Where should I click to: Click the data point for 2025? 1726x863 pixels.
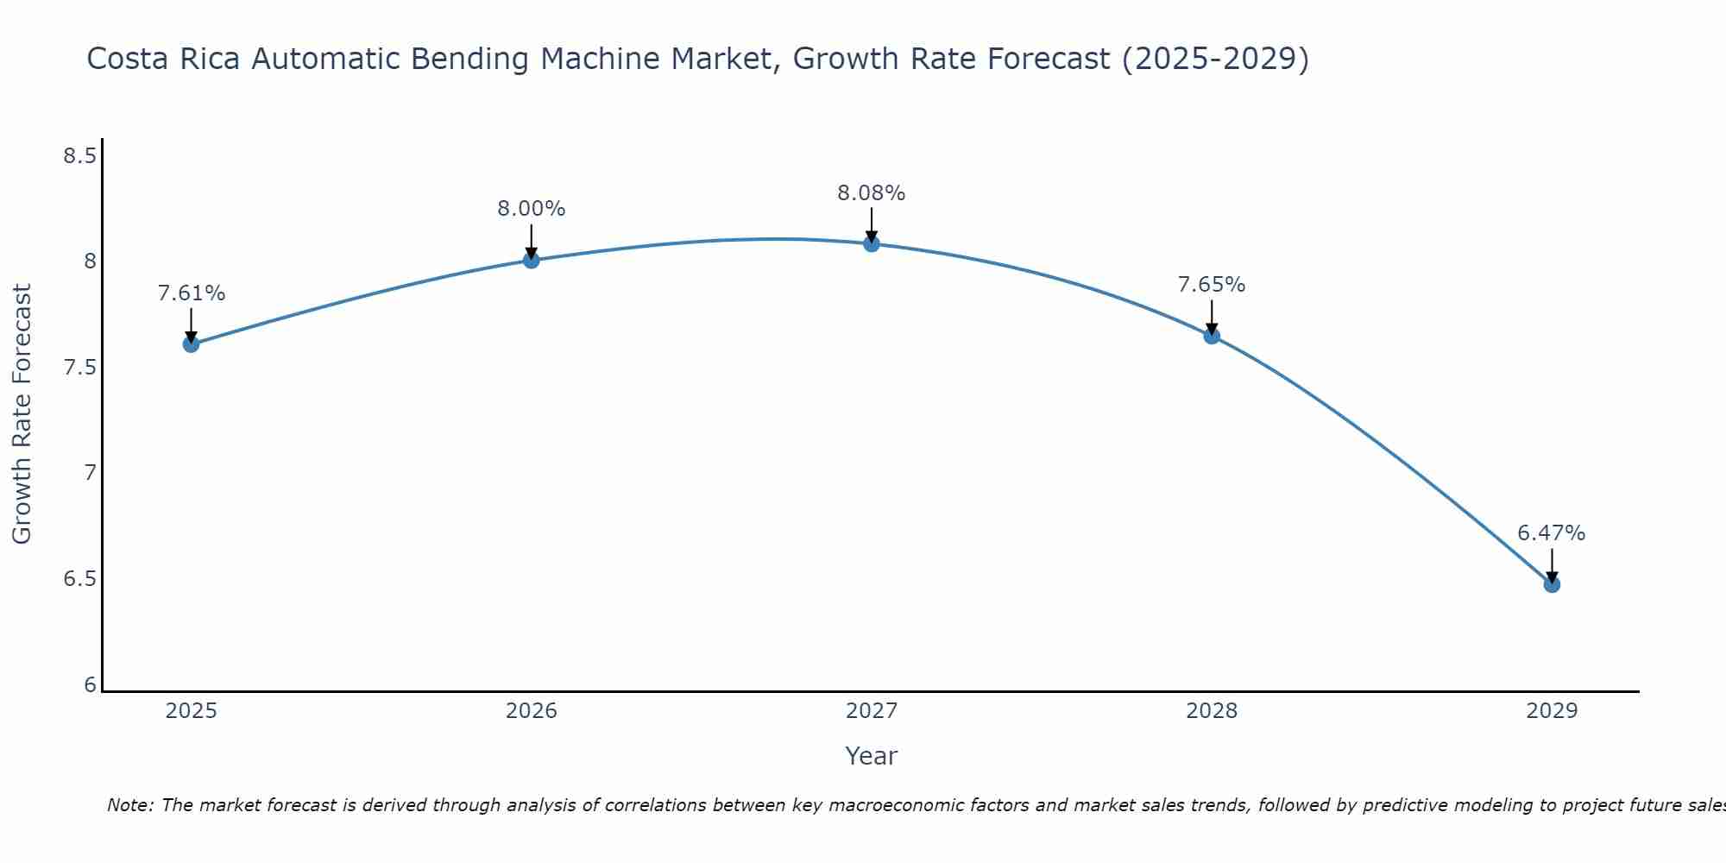(x=191, y=344)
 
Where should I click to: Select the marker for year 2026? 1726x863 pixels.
(x=531, y=260)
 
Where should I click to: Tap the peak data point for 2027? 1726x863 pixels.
(x=872, y=243)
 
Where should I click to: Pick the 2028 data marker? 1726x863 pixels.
(x=1212, y=336)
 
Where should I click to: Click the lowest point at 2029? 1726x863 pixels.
(x=1552, y=584)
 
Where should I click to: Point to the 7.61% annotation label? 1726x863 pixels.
(x=191, y=293)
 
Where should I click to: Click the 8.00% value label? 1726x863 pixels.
(x=531, y=209)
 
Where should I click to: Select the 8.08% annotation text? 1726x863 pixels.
(x=872, y=193)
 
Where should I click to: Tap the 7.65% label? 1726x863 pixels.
(x=1212, y=285)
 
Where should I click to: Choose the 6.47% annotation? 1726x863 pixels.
(x=1552, y=533)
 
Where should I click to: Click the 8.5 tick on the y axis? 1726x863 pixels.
(x=79, y=156)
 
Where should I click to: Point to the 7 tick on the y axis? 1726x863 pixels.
(x=90, y=473)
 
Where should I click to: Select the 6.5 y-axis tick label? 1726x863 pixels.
(x=79, y=579)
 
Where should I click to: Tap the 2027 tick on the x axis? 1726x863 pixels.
(x=872, y=711)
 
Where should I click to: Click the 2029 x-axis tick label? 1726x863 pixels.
(x=1552, y=711)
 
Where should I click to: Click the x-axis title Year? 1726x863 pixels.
(x=872, y=756)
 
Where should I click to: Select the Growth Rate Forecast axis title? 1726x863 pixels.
(x=22, y=414)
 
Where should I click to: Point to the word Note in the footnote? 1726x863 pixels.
(x=129, y=805)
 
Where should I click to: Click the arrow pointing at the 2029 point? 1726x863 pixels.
(x=1552, y=565)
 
